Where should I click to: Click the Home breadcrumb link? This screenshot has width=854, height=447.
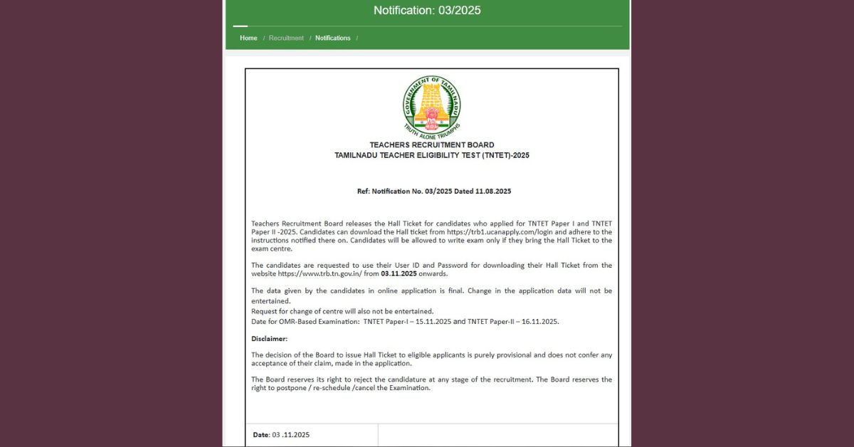248,38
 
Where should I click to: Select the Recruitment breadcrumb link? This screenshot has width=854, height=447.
286,38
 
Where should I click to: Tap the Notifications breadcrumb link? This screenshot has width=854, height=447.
333,38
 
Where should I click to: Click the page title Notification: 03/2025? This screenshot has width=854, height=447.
427,10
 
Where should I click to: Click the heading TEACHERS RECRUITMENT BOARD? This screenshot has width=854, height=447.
431,145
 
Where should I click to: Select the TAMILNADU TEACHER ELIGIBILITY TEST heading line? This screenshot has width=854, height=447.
431,155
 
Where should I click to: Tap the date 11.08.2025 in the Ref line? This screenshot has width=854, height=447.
492,191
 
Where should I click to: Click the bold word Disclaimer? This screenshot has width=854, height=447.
269,339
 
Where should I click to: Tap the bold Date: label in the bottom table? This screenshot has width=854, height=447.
261,435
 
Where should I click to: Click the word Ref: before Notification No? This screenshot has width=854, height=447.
364,191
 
